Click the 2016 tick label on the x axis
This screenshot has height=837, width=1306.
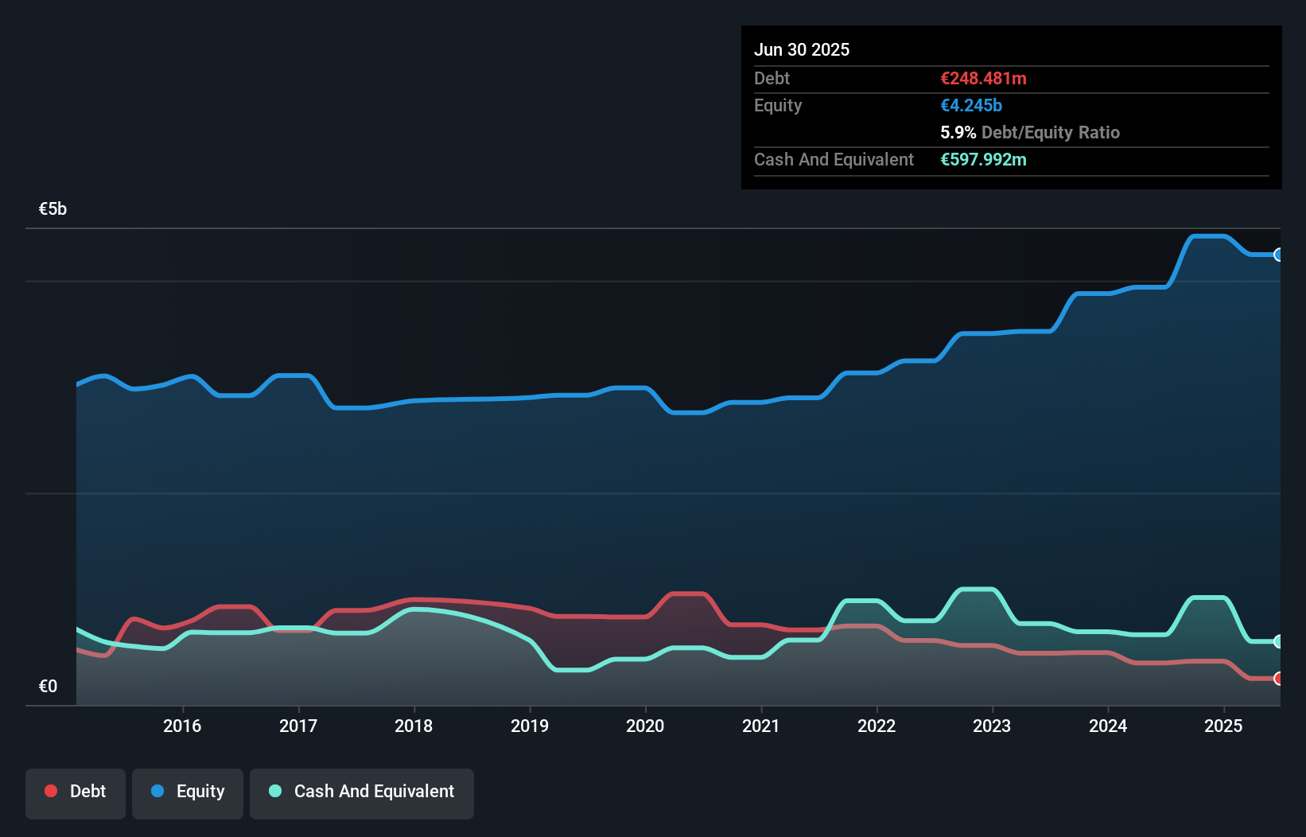click(182, 726)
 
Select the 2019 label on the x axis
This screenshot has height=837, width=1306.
click(530, 726)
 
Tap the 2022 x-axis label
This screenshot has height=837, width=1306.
click(876, 726)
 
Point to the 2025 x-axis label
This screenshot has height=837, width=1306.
click(1223, 726)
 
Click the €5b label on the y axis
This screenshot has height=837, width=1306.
click(52, 208)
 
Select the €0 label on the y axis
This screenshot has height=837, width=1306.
click(48, 686)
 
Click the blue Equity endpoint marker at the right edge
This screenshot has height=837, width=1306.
click(1278, 255)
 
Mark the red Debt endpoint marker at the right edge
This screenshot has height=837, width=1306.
click(1278, 679)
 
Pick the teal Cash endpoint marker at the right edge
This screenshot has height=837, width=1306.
click(1278, 641)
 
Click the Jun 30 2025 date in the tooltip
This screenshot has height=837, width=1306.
click(802, 49)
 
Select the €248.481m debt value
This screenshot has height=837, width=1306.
click(983, 78)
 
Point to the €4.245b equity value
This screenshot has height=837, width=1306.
click(971, 105)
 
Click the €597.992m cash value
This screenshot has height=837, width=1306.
click(983, 159)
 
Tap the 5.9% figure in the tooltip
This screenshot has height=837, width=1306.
click(958, 132)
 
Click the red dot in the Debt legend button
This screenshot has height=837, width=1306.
click(51, 791)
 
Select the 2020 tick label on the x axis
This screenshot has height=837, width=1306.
click(645, 726)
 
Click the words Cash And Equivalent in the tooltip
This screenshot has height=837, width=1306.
click(834, 159)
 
